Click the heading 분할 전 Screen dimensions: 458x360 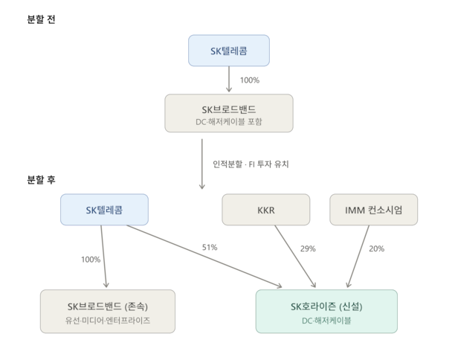point(41,19)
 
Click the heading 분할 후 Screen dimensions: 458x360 point(41,179)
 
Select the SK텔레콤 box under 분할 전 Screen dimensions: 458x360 point(229,51)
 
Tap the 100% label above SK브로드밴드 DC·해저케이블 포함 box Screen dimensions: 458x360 point(250,80)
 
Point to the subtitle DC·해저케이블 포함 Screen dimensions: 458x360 point(229,121)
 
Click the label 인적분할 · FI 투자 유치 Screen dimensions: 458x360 point(251,164)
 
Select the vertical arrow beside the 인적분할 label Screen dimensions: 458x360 point(201,164)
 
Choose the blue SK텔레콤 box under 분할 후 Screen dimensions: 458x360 point(104,210)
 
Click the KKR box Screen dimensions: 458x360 point(266,210)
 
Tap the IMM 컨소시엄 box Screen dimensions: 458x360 point(373,210)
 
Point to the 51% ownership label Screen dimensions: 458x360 point(210,248)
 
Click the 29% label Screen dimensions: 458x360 point(308,248)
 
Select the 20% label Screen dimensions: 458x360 point(376,248)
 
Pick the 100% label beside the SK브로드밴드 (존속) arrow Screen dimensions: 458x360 point(91,260)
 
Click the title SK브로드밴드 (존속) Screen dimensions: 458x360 point(108,306)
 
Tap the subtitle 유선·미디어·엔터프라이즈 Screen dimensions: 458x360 point(108,321)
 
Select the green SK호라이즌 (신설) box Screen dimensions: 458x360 point(326,311)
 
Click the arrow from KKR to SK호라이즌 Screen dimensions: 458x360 point(295,257)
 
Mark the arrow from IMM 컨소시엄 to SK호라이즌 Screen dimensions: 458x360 point(358,257)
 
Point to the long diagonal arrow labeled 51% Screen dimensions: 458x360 point(204,257)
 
